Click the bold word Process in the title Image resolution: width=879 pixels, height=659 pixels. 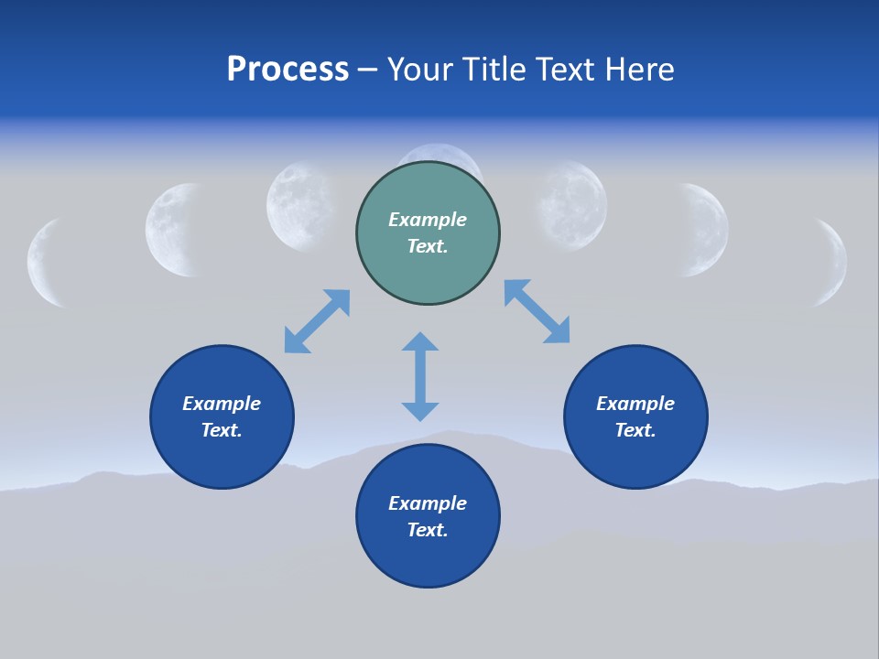[288, 70]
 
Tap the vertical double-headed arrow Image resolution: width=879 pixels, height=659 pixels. [420, 376]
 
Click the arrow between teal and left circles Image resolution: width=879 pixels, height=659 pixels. [317, 320]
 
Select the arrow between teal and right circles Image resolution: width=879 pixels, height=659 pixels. [537, 311]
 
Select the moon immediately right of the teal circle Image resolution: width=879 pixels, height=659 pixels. [573, 205]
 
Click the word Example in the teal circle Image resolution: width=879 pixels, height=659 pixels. [428, 220]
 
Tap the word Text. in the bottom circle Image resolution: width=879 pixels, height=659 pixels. [428, 530]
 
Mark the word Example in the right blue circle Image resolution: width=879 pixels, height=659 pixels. [635, 404]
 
